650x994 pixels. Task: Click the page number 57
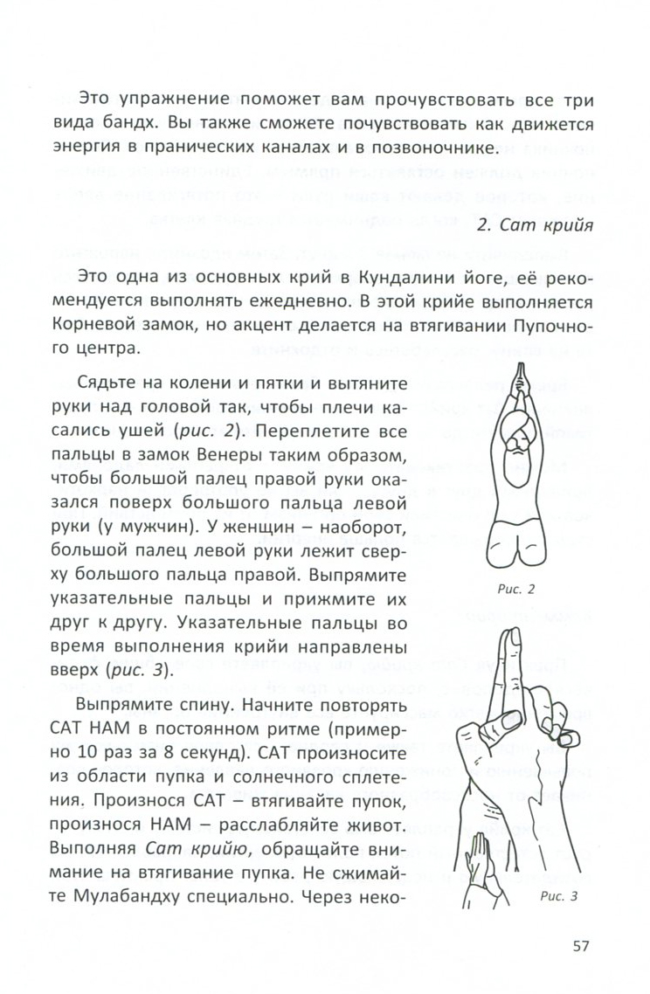coord(583,947)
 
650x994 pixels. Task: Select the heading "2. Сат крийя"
coord(537,226)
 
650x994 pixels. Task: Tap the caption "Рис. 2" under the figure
coord(517,588)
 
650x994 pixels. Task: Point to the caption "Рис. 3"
coord(560,894)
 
